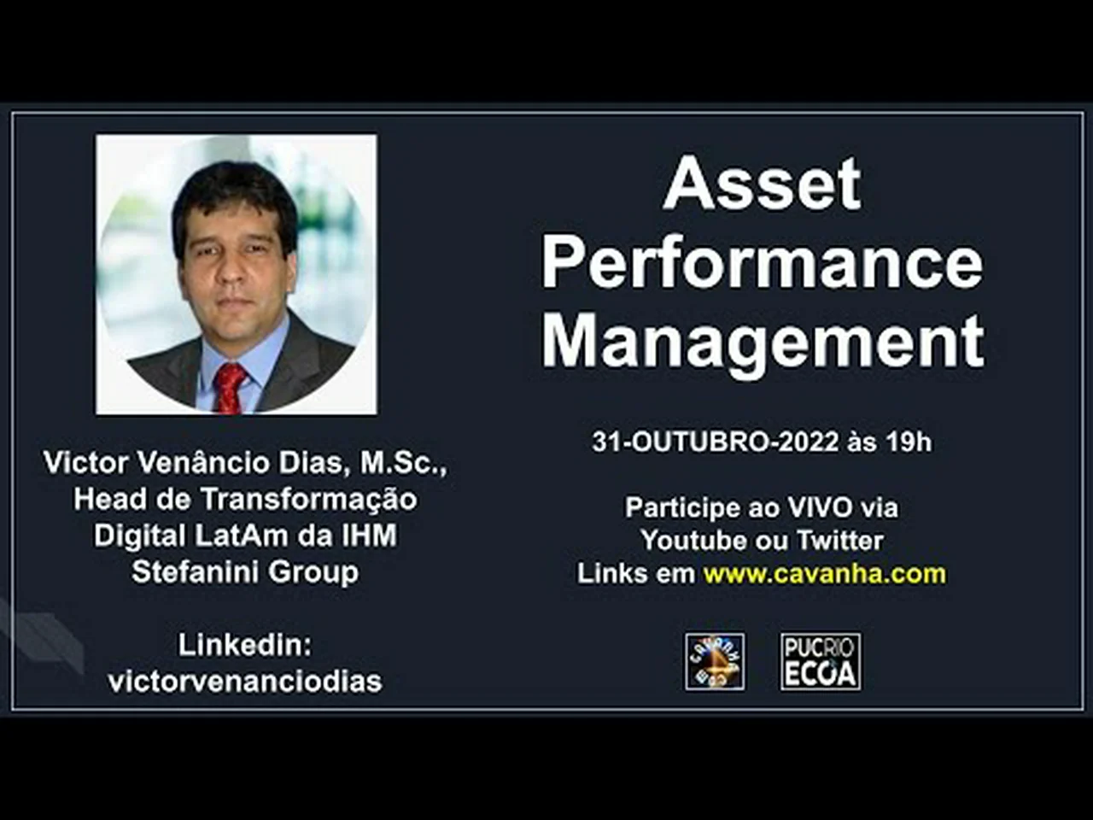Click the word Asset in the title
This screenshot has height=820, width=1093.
point(762,183)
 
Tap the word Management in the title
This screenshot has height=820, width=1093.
point(763,343)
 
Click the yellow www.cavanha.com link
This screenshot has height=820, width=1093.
point(825,573)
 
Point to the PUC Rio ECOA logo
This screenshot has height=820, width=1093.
point(821,662)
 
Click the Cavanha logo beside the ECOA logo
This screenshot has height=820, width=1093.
point(715,662)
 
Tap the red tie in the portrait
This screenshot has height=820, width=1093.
point(230,388)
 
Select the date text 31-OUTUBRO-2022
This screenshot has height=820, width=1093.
point(716,442)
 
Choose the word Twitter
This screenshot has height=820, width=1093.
point(840,541)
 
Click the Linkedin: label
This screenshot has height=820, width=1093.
point(245,645)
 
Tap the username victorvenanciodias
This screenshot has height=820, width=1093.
point(245,682)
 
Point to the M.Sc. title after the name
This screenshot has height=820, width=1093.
point(404,464)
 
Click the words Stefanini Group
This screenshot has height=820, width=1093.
point(245,572)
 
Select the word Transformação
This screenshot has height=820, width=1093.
point(309,500)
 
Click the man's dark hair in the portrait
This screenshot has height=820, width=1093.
point(233,199)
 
